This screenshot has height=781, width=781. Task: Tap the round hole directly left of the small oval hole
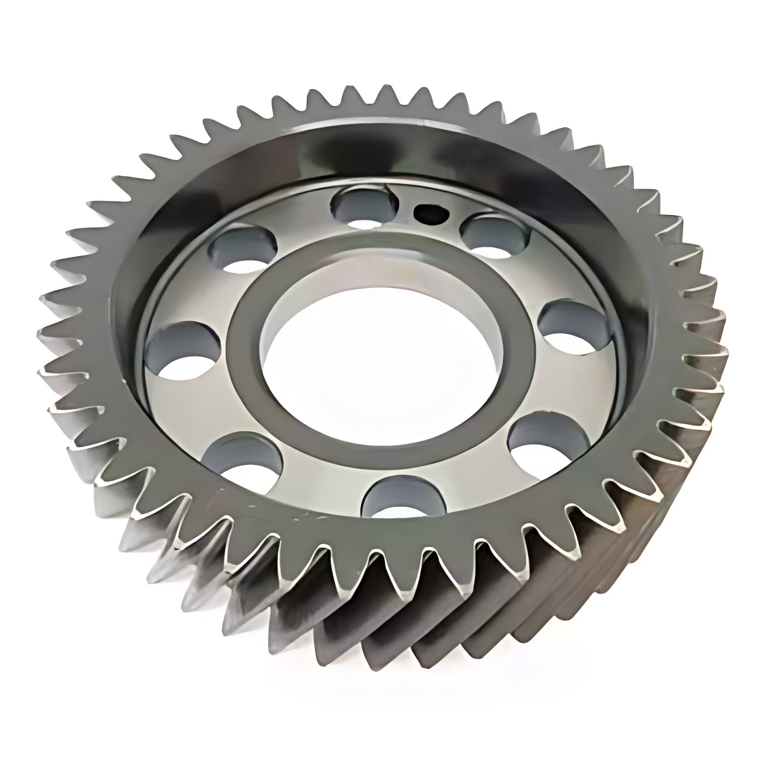tap(365, 209)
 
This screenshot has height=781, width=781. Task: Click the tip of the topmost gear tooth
tap(381, 86)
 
